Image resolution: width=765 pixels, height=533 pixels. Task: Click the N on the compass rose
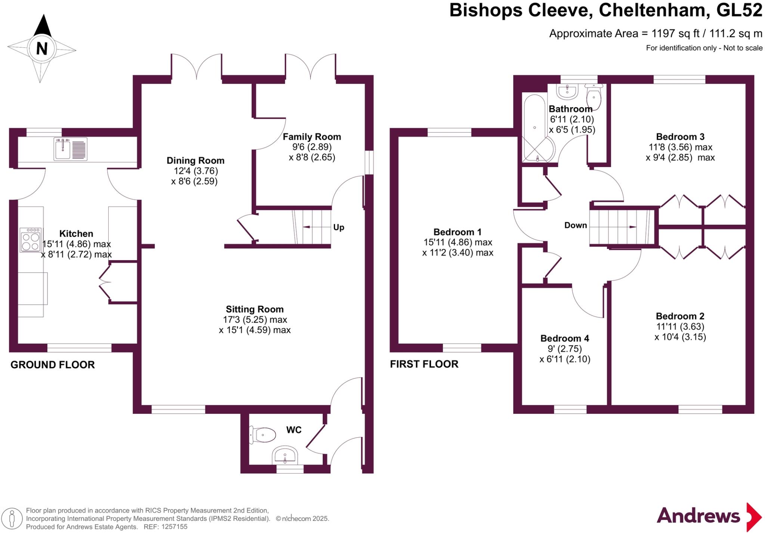(x=41, y=49)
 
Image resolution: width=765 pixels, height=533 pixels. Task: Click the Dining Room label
(x=195, y=161)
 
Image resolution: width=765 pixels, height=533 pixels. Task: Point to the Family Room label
(x=312, y=137)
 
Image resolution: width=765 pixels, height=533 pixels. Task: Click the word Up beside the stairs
(x=338, y=227)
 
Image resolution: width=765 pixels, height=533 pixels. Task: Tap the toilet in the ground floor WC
(x=263, y=435)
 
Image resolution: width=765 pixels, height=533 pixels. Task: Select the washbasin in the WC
(x=285, y=456)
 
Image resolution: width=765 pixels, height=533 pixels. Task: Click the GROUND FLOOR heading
(x=53, y=365)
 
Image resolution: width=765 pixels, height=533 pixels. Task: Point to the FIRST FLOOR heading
(x=424, y=364)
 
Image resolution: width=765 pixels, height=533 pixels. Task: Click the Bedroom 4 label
(x=564, y=338)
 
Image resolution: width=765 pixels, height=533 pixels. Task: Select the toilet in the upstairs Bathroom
(x=594, y=96)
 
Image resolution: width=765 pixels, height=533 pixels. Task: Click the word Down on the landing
(x=575, y=225)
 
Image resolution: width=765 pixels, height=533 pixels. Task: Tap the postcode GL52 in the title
(x=739, y=10)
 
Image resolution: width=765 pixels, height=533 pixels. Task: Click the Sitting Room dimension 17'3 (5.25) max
(x=255, y=320)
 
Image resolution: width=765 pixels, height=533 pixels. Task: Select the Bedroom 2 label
(x=680, y=316)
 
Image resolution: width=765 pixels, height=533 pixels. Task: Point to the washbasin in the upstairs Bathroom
(x=567, y=91)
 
